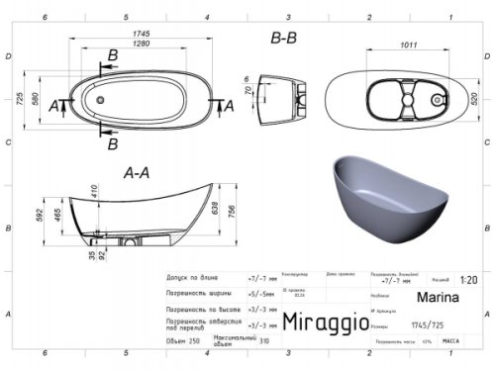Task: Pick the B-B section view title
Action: click(284, 40)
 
